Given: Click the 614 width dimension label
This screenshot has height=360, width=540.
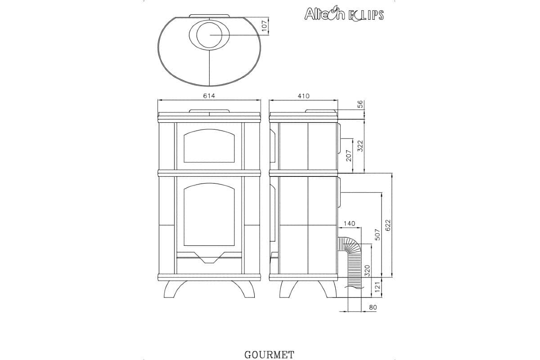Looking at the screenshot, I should [x=209, y=96].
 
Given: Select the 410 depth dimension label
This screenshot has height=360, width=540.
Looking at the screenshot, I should [x=303, y=96].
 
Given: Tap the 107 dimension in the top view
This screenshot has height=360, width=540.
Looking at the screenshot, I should [x=265, y=26].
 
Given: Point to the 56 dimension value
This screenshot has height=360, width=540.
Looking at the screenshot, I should [x=360, y=104].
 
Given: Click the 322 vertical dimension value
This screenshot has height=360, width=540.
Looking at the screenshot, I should [x=360, y=145].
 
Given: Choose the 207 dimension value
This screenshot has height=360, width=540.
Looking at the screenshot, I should [x=348, y=156].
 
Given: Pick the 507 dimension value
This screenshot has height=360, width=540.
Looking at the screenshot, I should [x=378, y=234].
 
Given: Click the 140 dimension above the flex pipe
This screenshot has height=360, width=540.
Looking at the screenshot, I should [x=349, y=223].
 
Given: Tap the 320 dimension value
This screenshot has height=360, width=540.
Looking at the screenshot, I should [x=367, y=270].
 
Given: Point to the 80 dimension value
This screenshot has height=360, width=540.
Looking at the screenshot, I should [x=372, y=307].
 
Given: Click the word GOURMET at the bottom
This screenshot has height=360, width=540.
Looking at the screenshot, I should [x=269, y=355].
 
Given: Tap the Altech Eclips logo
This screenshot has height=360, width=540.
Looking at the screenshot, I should [x=344, y=14].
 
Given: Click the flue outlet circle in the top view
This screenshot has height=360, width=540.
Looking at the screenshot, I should [x=209, y=35].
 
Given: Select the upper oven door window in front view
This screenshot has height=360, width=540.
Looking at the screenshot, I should [x=209, y=145].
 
